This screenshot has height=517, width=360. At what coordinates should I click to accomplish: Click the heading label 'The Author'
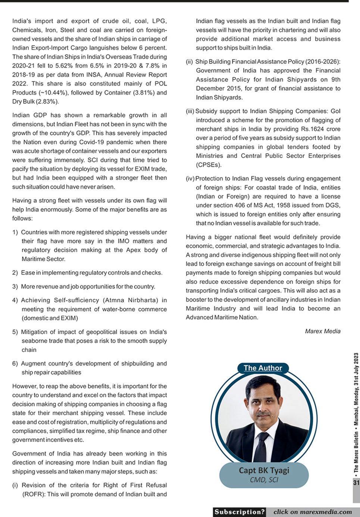(x=263, y=368)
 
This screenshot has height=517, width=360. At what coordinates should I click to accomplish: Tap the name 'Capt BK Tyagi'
(x=264, y=470)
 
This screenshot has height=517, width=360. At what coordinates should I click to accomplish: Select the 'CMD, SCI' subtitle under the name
(x=264, y=480)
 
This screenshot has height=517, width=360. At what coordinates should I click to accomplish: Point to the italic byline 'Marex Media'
(x=322, y=331)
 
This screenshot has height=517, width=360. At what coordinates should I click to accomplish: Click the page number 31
(x=356, y=483)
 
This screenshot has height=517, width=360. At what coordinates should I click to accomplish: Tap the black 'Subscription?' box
(x=240, y=512)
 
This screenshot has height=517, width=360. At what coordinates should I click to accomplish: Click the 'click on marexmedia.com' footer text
(x=313, y=512)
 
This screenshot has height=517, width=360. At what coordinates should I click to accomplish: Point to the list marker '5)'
(x=15, y=332)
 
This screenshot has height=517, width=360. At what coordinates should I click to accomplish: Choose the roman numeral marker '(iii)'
(x=190, y=111)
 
